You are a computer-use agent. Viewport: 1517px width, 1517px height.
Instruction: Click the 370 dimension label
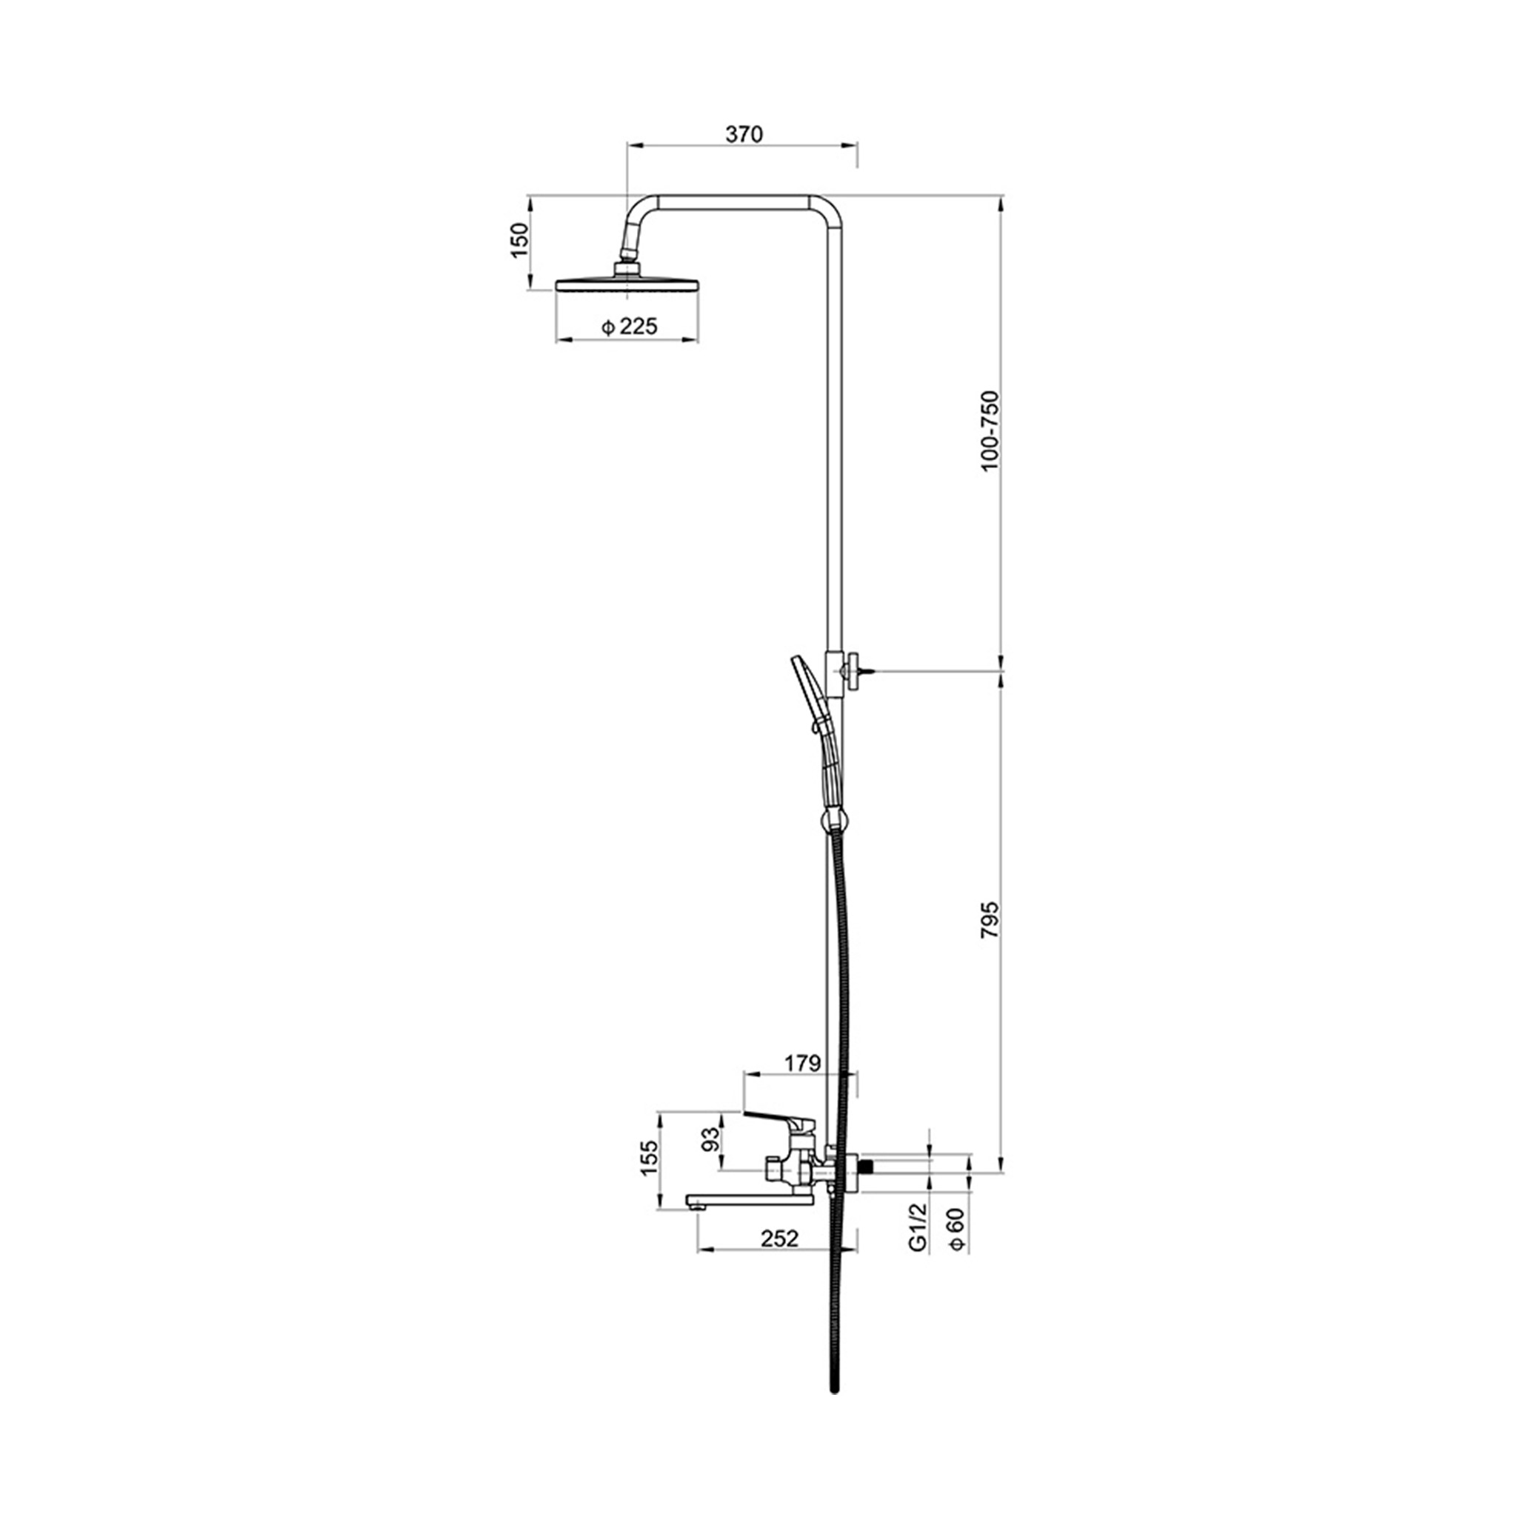click(744, 134)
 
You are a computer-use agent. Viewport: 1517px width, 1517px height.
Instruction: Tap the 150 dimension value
click(519, 241)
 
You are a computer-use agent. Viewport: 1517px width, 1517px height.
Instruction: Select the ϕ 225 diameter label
click(629, 327)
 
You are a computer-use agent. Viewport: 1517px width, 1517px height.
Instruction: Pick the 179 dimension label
click(801, 1063)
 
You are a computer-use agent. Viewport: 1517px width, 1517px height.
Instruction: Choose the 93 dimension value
click(710, 1138)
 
